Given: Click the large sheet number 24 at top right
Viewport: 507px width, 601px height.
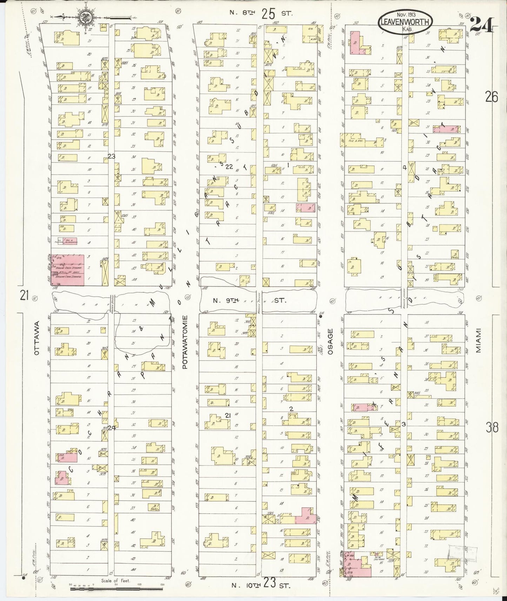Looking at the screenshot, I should point(482,25).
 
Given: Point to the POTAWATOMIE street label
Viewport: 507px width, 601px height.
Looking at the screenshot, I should point(186,342).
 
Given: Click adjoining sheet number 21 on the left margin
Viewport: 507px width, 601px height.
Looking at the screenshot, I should point(24,296).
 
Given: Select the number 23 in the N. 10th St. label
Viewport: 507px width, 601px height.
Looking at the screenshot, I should point(269,585).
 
